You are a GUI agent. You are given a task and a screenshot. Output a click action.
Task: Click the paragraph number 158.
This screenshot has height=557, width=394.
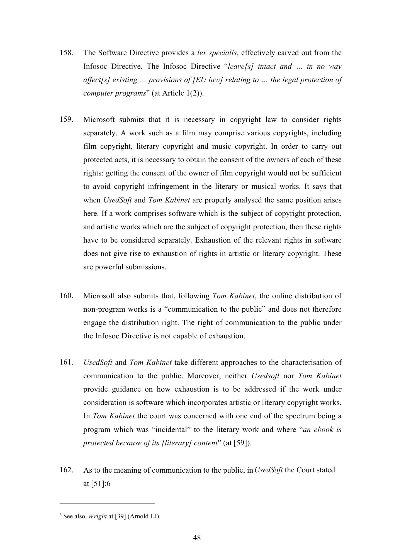66,53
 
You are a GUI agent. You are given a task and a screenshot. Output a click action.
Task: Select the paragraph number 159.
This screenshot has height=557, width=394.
66,120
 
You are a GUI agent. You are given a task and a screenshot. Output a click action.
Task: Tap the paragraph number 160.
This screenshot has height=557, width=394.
66,296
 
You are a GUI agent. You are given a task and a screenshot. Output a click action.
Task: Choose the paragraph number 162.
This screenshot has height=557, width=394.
66,470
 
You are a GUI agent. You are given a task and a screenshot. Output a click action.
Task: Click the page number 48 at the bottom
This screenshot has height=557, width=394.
197,538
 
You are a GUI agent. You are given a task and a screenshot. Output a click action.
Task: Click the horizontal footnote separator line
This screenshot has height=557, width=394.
107,504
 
